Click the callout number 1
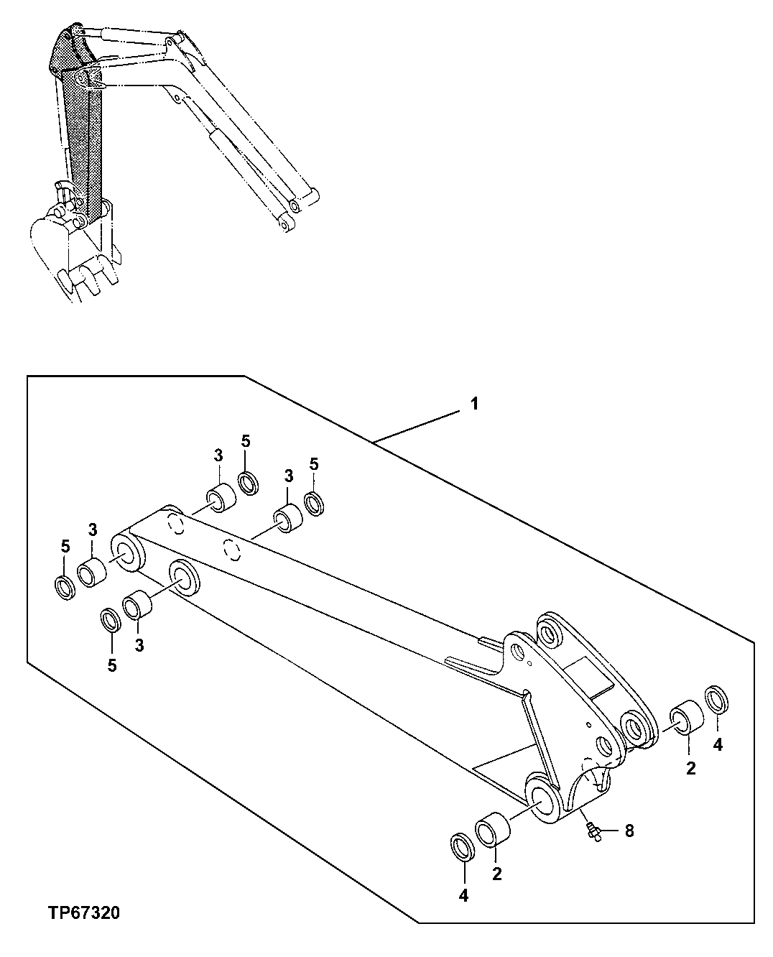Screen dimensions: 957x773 coord(473,404)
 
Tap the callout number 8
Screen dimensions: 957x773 coord(629,831)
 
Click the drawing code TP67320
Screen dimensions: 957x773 coord(84,913)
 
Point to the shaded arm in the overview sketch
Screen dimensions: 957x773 coord(80,137)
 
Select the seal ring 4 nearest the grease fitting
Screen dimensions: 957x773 coord(463,847)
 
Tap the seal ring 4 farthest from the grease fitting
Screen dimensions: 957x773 coord(718,701)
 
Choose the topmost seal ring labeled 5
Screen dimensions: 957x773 coord(249,484)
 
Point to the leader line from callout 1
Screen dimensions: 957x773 coord(417,425)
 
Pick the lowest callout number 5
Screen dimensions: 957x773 coord(111,666)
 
